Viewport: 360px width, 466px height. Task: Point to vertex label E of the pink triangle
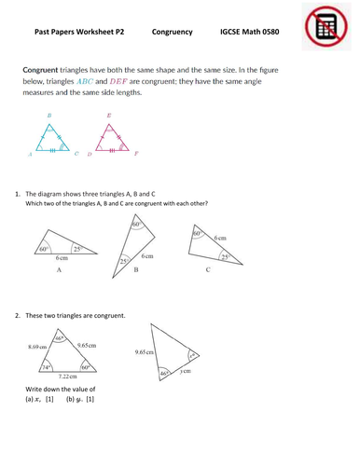109,116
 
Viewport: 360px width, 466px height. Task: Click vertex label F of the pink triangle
136,153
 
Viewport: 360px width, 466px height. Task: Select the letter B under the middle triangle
136,268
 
